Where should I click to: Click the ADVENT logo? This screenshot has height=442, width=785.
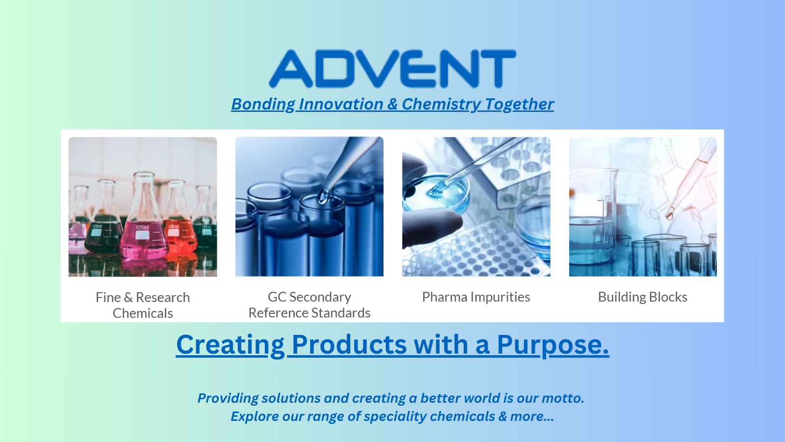click(392, 69)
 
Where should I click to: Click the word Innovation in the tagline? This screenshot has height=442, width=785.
click(340, 104)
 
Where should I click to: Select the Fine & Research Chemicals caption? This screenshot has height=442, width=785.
click(143, 305)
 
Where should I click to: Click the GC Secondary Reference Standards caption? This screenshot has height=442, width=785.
click(309, 304)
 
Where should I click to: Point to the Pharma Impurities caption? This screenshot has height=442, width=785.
click(476, 297)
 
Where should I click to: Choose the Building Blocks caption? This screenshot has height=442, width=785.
click(642, 297)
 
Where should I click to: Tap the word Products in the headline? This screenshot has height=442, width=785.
click(349, 344)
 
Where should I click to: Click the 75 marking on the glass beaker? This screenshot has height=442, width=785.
click(607, 198)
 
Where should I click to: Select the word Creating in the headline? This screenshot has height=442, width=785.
click(230, 344)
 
